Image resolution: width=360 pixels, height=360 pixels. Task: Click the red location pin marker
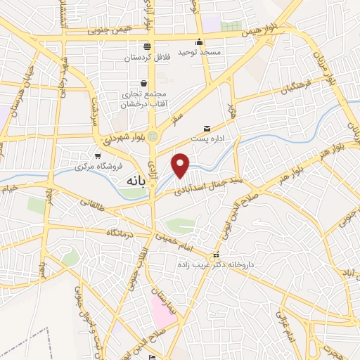tap(181, 165)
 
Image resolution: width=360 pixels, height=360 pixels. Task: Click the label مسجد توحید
tap(200, 52)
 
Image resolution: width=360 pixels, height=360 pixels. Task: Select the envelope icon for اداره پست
tap(207, 127)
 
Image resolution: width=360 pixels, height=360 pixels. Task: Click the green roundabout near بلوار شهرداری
tap(153, 136)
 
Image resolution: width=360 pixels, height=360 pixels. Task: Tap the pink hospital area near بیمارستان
tap(163, 311)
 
